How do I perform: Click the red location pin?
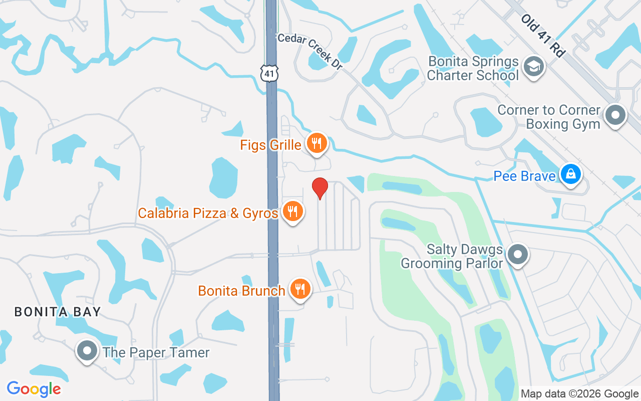tap(320, 188)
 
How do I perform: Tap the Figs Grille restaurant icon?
tap(316, 143)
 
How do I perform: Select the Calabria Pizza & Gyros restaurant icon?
tap(292, 212)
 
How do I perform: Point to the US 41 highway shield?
tap(269, 73)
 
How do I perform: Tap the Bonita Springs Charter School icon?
tap(533, 66)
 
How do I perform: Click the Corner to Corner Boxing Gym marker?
tap(615, 115)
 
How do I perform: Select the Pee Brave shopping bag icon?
tap(570, 174)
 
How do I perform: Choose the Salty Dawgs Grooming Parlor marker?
tap(518, 255)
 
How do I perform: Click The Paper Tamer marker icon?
tap(87, 351)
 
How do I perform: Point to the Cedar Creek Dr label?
tap(309, 51)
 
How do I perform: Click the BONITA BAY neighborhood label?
tap(58, 312)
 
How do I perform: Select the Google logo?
tap(34, 389)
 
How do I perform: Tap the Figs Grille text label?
tap(271, 145)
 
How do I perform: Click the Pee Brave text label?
tap(524, 176)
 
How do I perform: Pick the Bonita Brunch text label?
tap(242, 291)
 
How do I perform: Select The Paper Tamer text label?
tap(156, 352)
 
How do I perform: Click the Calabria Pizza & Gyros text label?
tap(208, 213)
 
